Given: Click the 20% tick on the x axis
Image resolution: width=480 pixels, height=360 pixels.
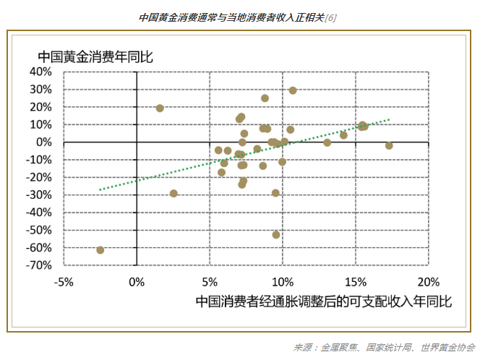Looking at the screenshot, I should click(x=428, y=281).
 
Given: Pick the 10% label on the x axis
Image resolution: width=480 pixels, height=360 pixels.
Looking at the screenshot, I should click(x=282, y=281).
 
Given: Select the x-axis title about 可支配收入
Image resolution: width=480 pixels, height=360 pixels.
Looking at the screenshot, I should click(x=323, y=301).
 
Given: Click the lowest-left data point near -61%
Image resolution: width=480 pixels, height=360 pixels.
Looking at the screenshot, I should click(x=100, y=250).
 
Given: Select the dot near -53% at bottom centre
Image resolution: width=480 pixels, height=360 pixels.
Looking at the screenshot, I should click(x=276, y=235).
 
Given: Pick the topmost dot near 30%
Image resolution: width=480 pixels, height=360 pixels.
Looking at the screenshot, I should click(x=293, y=90).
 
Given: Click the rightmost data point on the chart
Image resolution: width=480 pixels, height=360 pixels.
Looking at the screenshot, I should click(x=389, y=145).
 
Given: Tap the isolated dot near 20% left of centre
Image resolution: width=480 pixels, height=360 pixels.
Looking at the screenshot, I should click(x=160, y=108).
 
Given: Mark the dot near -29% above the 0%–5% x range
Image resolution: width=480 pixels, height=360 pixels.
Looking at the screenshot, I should click(x=173, y=193).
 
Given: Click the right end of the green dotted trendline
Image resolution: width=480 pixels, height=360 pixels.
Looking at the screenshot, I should click(x=389, y=119).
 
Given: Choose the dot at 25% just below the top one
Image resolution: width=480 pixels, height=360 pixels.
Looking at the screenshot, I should click(x=265, y=98).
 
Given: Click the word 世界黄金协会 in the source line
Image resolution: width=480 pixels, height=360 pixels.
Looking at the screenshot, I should click(x=447, y=347).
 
